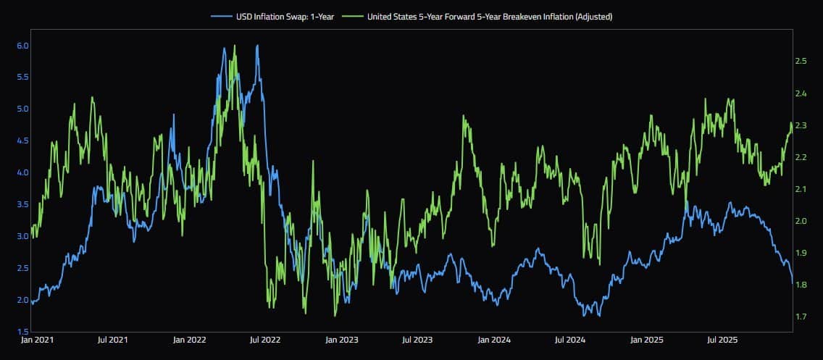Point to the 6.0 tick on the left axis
22,45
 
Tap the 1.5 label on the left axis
22,332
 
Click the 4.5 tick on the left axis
22,141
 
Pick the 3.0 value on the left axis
22,236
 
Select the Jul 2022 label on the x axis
265,339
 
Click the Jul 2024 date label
569,339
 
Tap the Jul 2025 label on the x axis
722,339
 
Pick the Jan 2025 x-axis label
646,339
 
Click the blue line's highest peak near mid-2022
257,46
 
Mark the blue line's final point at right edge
793,285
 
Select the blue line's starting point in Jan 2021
32,304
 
